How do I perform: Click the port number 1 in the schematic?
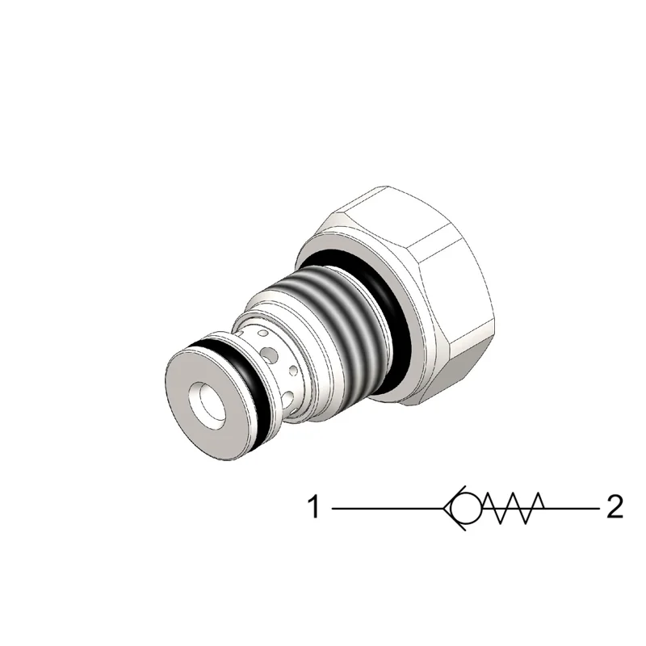(314, 507)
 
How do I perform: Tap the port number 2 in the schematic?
(615, 507)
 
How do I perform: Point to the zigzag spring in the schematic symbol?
(514, 509)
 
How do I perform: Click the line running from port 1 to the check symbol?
(388, 509)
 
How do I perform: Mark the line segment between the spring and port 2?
(572, 509)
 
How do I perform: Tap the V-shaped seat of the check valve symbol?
(454, 509)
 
